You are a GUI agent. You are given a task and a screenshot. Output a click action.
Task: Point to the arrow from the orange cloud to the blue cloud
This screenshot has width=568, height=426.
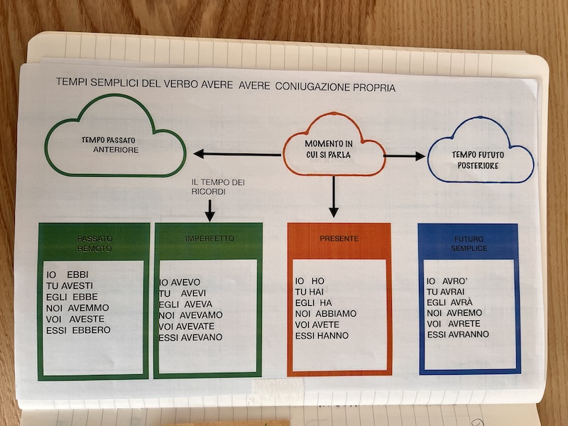pos(404,155)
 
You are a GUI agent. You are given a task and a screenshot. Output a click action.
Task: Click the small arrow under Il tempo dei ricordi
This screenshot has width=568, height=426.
pos(209,210)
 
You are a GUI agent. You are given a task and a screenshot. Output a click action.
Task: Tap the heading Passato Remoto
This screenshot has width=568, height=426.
pos(94,244)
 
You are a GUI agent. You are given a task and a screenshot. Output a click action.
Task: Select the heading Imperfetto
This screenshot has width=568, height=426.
pos(209,239)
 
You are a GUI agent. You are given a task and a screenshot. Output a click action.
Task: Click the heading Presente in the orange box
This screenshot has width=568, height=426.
pos(339,239)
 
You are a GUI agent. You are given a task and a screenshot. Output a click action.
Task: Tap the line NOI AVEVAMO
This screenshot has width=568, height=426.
pos(190,315)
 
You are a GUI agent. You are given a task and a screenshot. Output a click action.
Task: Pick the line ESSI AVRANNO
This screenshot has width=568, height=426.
pos(458,334)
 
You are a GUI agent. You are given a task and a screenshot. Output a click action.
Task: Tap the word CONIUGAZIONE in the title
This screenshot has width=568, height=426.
pos(317,87)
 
